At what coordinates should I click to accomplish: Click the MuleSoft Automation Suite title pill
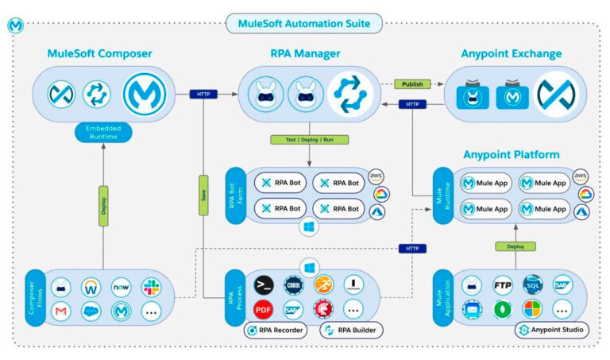tap(304, 23)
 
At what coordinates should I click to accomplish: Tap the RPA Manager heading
tap(304, 54)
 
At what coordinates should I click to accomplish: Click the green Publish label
tap(411, 83)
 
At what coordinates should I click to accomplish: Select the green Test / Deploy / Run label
tap(306, 140)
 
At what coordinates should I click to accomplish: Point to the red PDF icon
tap(264, 308)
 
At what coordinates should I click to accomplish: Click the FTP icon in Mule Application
tap(502, 285)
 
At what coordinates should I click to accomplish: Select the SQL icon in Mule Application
tap(533, 285)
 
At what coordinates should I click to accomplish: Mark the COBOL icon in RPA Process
tap(294, 285)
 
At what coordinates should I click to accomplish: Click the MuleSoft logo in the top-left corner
tap(14, 25)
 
